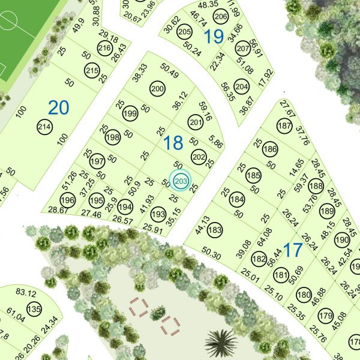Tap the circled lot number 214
coord(44,127)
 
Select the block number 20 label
coord(58,108)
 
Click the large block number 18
coord(173,143)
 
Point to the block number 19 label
coord(213,37)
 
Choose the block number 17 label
coord(293,250)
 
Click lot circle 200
coord(157,89)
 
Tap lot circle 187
coord(284,127)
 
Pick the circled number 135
coord(34,310)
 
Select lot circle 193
coord(158,214)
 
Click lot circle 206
coord(221,16)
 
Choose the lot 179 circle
coord(325,316)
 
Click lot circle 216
coord(105,48)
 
